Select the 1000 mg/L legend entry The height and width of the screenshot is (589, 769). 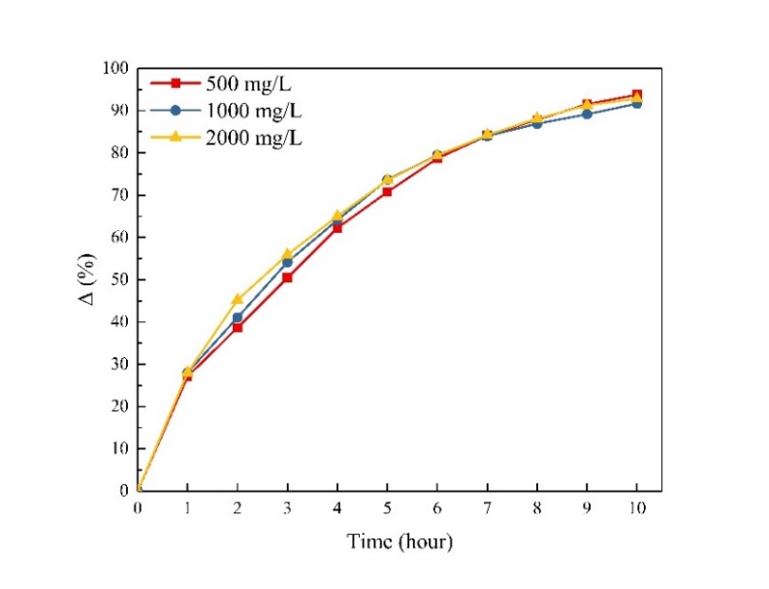pos(254,111)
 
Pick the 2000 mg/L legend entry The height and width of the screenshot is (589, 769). pos(254,138)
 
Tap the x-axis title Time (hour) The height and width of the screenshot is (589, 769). pos(400,541)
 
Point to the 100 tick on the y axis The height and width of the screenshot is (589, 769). pos(116,68)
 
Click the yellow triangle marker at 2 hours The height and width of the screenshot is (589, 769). pos(238,299)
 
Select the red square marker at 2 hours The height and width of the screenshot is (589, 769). pos(238,328)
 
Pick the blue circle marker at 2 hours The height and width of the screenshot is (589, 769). pos(238,317)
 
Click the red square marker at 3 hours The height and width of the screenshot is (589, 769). pos(287,278)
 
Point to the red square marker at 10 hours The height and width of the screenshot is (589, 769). pos(636,95)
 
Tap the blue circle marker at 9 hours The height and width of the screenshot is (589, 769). pos(587,114)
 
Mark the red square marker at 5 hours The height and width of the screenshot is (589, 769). pos(387,192)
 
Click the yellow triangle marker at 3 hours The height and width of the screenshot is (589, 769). pos(287,253)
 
